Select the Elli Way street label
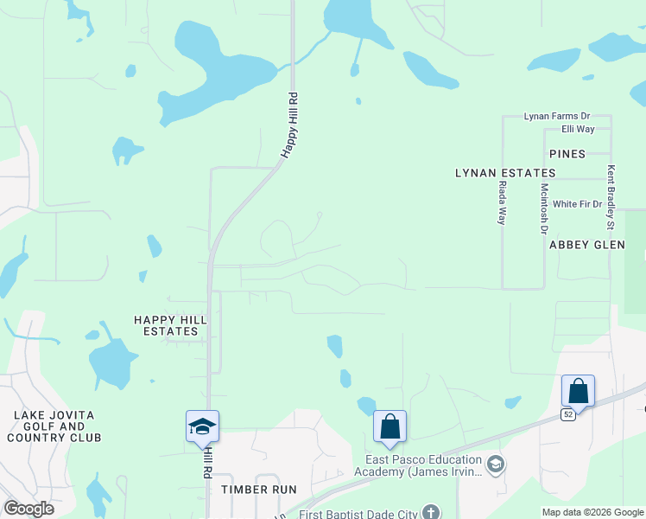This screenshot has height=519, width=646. click(x=578, y=129)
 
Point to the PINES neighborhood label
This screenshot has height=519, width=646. click(x=567, y=154)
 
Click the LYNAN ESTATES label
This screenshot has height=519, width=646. click(x=505, y=173)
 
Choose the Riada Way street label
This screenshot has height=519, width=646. click(x=502, y=203)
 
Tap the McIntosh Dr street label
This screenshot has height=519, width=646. click(x=544, y=209)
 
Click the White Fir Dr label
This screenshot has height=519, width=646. click(x=577, y=204)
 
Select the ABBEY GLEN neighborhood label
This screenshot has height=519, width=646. click(x=586, y=245)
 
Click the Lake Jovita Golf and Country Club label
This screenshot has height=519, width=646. click(x=58, y=426)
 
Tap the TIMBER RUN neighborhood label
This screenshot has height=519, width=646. click(x=258, y=489)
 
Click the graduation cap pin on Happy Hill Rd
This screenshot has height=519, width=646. click(x=202, y=426)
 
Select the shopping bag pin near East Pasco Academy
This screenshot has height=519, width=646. click(x=389, y=426)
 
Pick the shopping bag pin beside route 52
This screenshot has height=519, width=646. click(x=578, y=391)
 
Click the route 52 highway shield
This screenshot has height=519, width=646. click(x=567, y=415)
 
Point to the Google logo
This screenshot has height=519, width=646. click(x=28, y=509)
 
